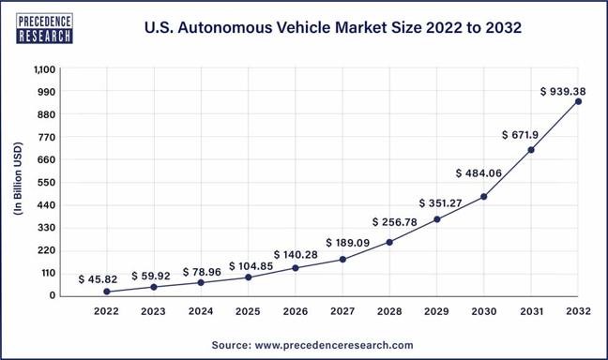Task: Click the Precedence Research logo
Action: (x=45, y=28)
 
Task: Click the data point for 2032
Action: (x=578, y=101)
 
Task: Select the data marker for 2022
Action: (x=107, y=292)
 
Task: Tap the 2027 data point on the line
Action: (x=342, y=260)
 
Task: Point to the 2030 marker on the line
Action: (x=484, y=197)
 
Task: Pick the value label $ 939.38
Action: (x=563, y=92)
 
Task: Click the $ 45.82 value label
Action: (x=98, y=279)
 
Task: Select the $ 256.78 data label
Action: (x=395, y=222)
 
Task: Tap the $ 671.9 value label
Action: (x=520, y=135)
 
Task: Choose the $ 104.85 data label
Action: (x=251, y=266)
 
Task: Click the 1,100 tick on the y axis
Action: (x=45, y=69)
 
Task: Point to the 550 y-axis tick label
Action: (x=47, y=183)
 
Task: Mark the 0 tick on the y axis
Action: (x=53, y=295)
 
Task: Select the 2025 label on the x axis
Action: (x=248, y=311)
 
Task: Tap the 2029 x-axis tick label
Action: (x=436, y=311)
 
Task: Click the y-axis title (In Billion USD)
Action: (x=18, y=179)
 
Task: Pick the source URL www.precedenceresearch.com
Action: (x=334, y=345)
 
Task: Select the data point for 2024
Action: (x=201, y=282)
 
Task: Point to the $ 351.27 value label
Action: (x=440, y=203)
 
